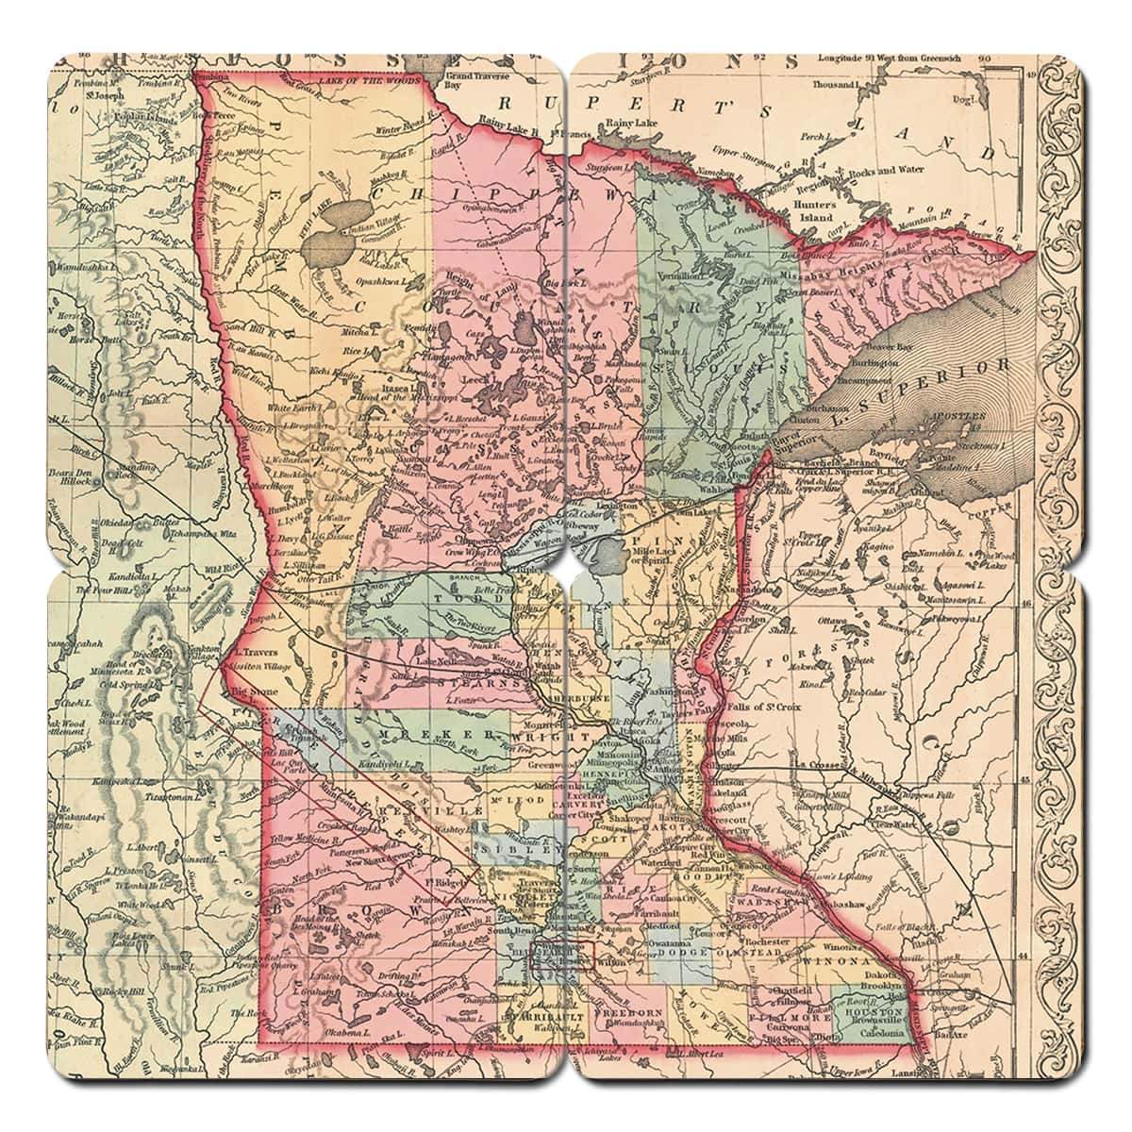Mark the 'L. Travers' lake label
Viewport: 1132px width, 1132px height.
(253, 652)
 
